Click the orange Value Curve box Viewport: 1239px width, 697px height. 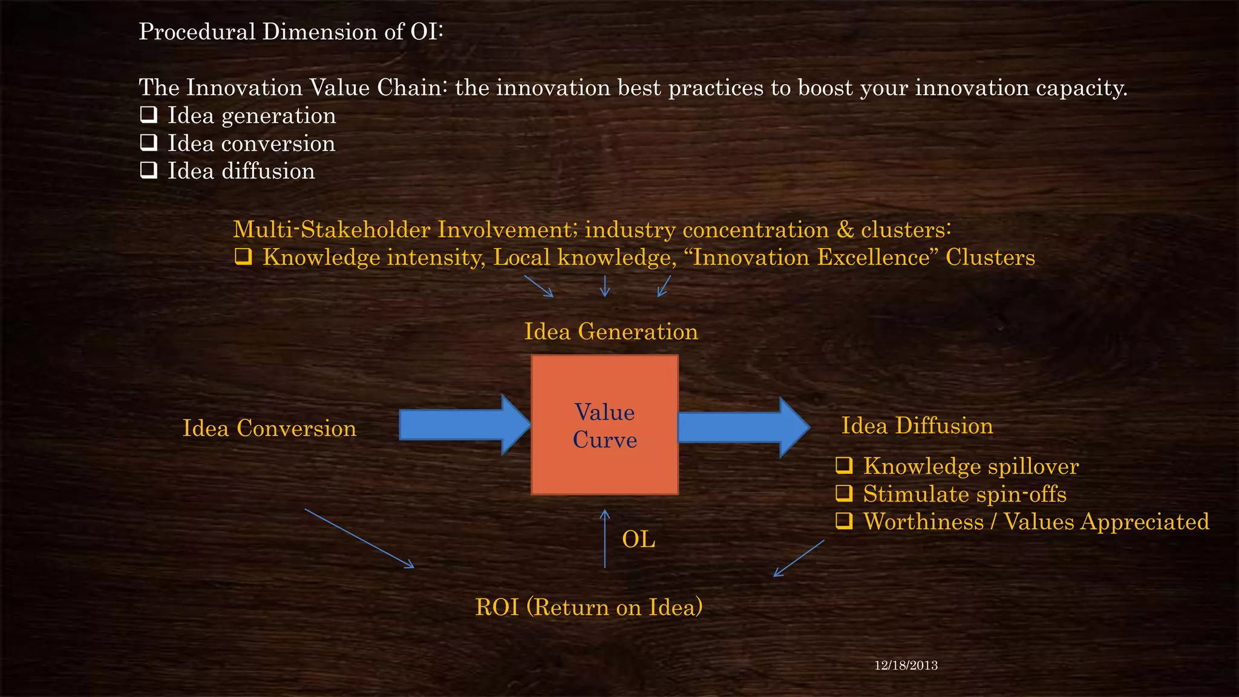click(x=604, y=425)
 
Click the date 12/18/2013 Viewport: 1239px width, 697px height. click(x=906, y=666)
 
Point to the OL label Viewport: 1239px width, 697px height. click(x=638, y=539)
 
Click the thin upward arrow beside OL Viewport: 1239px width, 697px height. click(x=604, y=538)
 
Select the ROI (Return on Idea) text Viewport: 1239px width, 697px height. click(x=589, y=607)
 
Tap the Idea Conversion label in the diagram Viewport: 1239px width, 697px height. click(x=269, y=428)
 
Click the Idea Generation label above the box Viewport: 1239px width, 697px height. click(x=610, y=332)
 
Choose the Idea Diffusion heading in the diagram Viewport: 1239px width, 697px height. click(x=917, y=426)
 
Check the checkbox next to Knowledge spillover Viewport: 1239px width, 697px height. click(x=844, y=465)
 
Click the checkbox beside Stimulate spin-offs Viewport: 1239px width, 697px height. click(x=844, y=493)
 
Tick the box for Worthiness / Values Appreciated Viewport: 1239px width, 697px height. click(x=844, y=521)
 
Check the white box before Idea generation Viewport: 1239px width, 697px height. click(x=148, y=114)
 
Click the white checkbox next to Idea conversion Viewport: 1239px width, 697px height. click(x=148, y=142)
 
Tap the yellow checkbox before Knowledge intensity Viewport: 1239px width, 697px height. click(x=243, y=257)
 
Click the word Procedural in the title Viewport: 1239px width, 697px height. click(x=197, y=31)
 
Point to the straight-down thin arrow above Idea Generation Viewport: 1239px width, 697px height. click(x=604, y=286)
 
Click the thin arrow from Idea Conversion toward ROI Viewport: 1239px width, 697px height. click(x=359, y=538)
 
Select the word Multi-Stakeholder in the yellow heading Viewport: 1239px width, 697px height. click(x=332, y=230)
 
